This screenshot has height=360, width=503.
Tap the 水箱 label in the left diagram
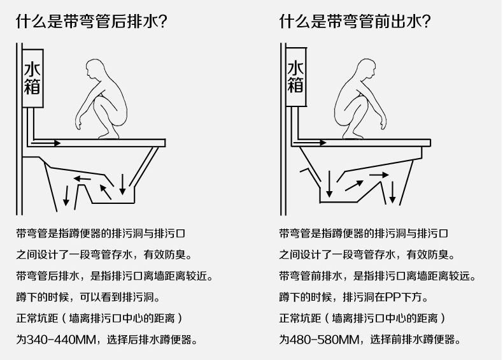click(32, 77)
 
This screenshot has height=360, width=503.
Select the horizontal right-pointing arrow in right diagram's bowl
click(379, 173)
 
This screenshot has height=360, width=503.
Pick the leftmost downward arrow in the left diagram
click(66, 194)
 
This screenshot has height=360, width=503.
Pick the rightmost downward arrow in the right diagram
click(393, 191)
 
